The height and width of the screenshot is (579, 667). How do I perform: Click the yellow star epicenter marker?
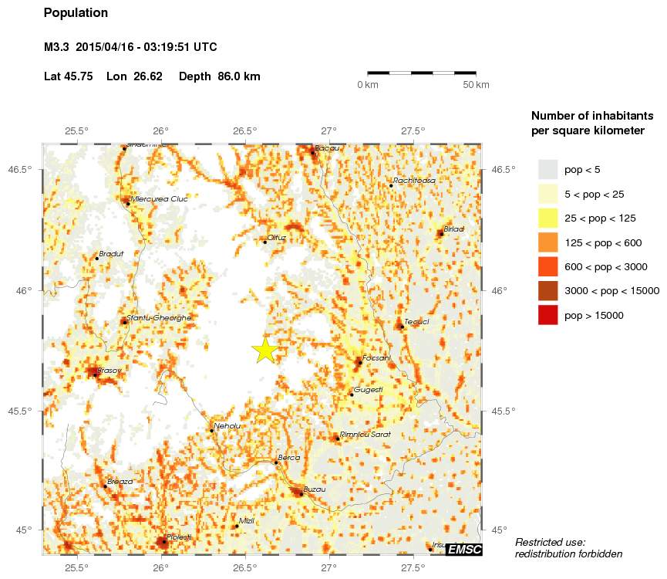coord(264,350)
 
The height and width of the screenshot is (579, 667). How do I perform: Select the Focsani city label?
coord(377,358)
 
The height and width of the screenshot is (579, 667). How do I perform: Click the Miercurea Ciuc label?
coord(160,198)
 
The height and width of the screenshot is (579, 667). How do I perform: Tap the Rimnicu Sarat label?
coord(366,435)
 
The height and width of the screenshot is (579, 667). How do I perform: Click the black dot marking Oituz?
coord(264,242)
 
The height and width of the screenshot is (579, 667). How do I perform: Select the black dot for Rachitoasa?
coord(391,185)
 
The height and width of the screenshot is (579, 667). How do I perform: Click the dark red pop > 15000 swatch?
coord(547,315)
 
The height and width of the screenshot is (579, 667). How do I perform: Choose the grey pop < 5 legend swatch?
coord(547,169)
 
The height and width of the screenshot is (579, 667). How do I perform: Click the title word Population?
coord(76,13)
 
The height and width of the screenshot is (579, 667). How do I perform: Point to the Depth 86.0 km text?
coord(220,76)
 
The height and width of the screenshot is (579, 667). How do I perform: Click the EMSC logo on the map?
coord(464,549)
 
